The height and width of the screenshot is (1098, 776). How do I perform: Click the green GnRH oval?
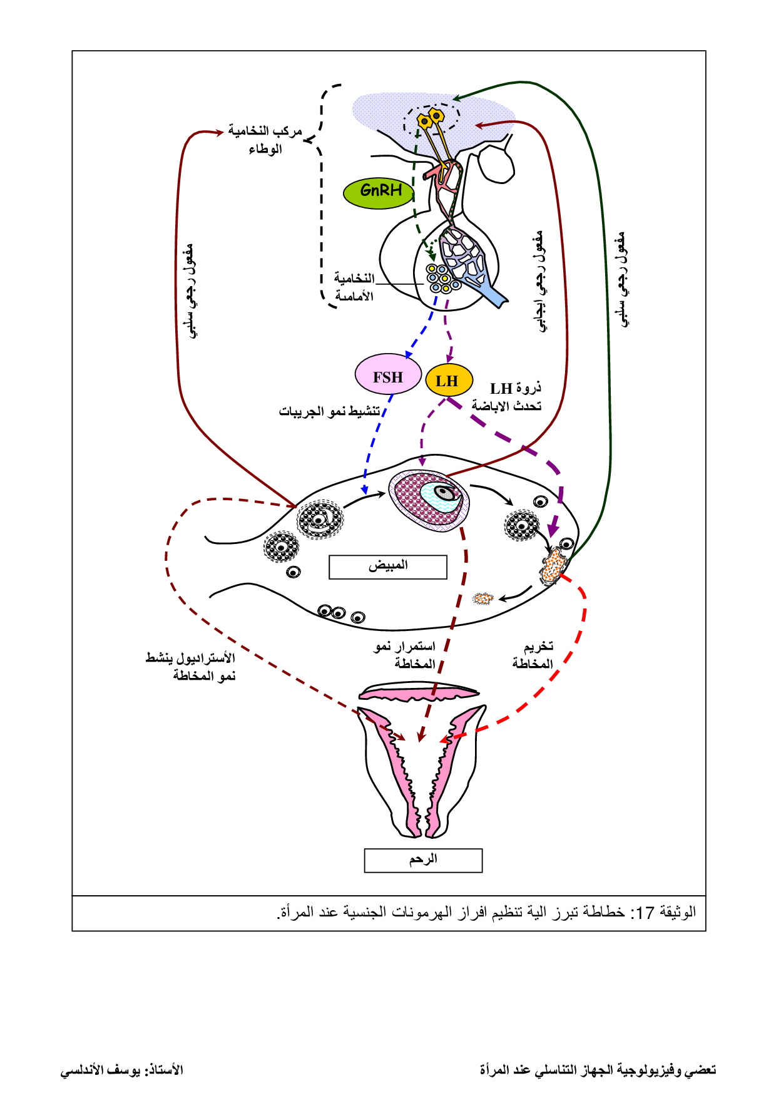(380, 191)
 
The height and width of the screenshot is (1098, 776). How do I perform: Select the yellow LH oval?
(449, 381)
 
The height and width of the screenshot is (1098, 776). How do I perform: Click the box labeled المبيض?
(388, 567)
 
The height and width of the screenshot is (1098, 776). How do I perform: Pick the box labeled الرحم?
(423, 860)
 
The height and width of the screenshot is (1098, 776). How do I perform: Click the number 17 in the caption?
(645, 913)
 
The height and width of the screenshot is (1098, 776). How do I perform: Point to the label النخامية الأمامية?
(354, 287)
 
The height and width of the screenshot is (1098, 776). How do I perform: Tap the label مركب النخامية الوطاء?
(265, 139)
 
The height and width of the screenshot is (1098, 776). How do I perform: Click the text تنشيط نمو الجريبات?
(330, 411)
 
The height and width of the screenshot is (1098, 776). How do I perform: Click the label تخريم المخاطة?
(533, 655)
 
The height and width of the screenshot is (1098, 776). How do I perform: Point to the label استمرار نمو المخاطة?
(406, 655)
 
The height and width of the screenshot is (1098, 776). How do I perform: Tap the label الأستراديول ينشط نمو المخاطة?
(191, 667)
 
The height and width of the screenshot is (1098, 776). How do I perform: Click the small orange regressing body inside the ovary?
(482, 598)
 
